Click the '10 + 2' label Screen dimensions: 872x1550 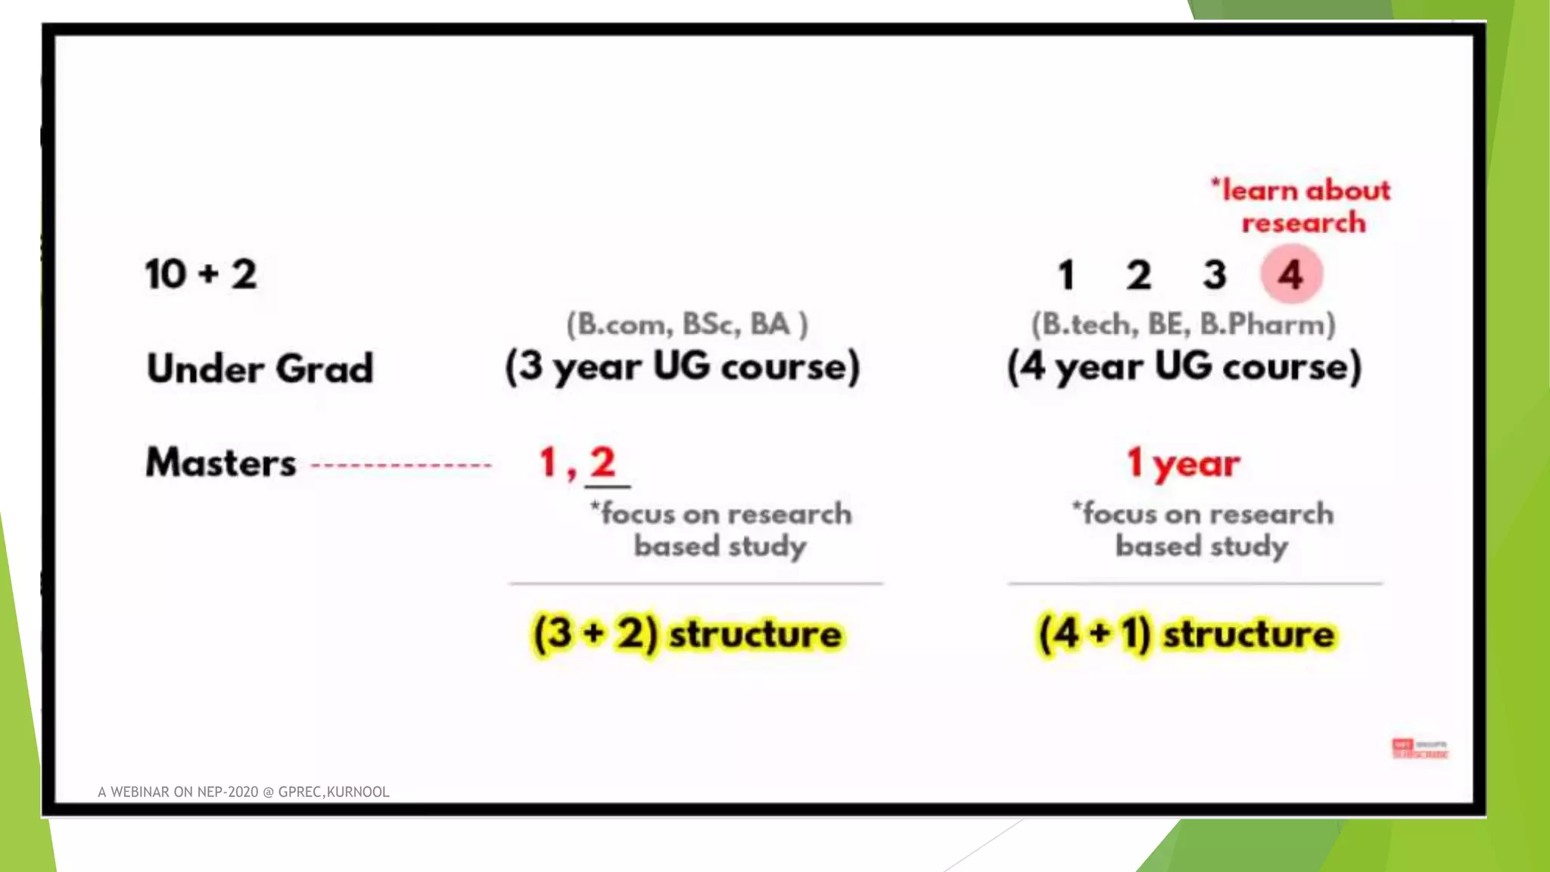pos(201,274)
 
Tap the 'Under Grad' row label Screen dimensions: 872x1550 pos(260,369)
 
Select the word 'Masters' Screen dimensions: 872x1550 pos(220,462)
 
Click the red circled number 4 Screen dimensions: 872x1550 pos(1291,274)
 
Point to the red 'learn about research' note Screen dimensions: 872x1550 pos(1303,206)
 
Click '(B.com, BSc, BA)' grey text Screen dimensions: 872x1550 pos(687,324)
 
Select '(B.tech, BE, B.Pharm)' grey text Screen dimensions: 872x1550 pos(1184,324)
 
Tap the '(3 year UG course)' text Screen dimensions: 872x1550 pos(683,367)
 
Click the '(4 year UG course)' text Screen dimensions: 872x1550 pos(1184,367)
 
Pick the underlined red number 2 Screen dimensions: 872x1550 pos(604,462)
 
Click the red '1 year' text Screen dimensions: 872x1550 pos(1184,462)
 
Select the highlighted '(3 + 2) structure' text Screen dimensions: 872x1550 pos(687,634)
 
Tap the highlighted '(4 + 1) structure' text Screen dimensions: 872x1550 pos(1187,634)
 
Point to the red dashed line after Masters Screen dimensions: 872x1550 pos(401,465)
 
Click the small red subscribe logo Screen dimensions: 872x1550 pos(1420,749)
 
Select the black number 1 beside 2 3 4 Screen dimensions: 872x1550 pos(1066,275)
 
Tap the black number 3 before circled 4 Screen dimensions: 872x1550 pos(1215,275)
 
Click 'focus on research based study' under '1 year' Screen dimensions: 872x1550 pos(1203,530)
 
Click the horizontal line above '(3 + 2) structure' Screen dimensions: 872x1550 pos(696,584)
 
